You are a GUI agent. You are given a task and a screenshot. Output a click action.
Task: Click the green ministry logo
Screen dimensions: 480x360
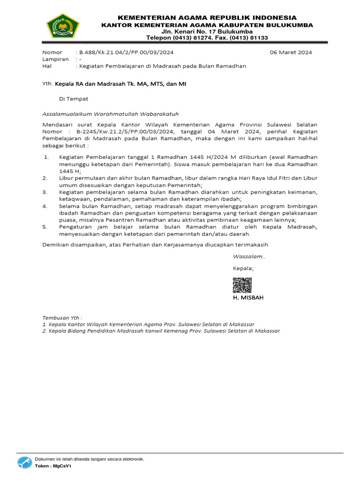[x=63, y=26]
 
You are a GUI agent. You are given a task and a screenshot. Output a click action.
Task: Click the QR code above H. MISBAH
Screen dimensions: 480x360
[x=242, y=285]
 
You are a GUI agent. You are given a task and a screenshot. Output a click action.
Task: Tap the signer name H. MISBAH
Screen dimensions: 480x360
[x=248, y=298]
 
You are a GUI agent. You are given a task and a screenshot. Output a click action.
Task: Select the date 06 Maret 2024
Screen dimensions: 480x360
[x=291, y=52]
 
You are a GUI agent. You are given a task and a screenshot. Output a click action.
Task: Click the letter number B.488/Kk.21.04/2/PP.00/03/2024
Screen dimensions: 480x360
[x=126, y=52]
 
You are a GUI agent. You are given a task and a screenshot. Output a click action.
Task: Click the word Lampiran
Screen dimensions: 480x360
[x=55, y=59]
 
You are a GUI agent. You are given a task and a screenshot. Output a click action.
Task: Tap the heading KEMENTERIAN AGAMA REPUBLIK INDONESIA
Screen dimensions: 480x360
[x=207, y=17]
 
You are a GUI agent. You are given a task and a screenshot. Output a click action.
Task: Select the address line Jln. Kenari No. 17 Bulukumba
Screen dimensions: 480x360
[x=207, y=31]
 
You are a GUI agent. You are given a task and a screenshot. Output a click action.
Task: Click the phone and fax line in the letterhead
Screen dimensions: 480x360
[x=207, y=38]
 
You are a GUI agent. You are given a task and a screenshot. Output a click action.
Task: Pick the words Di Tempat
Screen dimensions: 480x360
[x=74, y=99]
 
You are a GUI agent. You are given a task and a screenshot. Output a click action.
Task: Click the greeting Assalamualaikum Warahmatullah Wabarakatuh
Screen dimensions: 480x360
[x=111, y=113]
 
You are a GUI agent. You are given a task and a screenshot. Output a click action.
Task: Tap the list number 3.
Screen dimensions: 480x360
[x=45, y=192]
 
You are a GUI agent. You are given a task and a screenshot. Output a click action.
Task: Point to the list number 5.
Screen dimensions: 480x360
[x=45, y=227]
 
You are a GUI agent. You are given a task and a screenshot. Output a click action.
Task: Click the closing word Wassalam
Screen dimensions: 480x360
[x=249, y=256]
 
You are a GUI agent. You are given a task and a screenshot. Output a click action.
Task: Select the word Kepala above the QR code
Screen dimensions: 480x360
[x=243, y=268]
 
